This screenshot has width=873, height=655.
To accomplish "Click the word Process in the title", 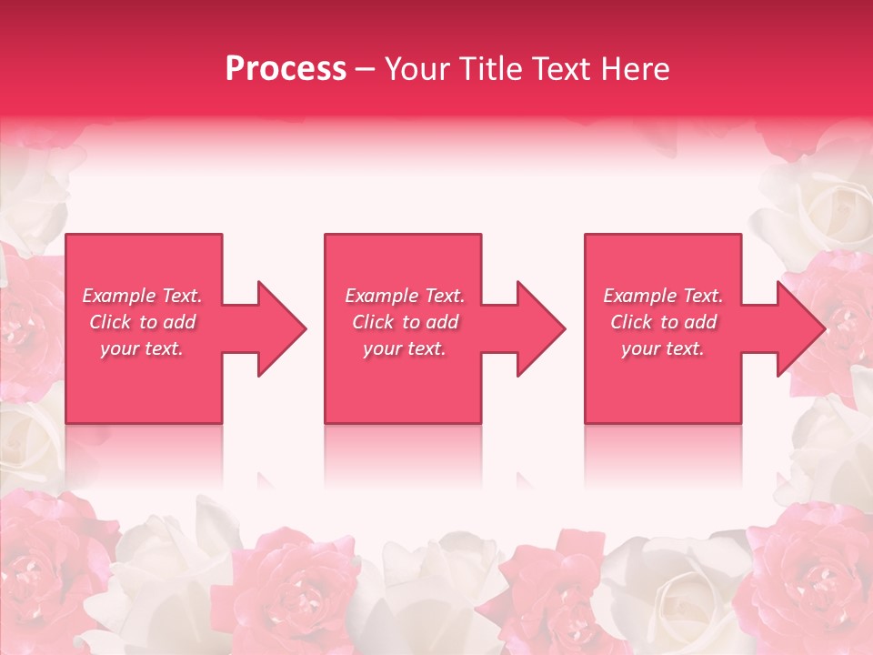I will click(286, 69).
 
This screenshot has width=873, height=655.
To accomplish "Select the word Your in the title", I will click(416, 69).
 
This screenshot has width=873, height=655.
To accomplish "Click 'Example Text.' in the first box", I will click(142, 296).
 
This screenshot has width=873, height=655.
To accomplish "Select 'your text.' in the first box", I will click(142, 348).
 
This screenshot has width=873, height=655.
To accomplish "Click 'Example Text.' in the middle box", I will click(405, 296).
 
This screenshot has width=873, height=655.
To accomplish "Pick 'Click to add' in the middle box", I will click(405, 322).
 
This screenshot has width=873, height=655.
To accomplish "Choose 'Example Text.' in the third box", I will click(663, 296).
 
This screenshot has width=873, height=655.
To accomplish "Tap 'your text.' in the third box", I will click(663, 348).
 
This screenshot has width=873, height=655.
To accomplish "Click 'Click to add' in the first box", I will click(142, 322).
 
